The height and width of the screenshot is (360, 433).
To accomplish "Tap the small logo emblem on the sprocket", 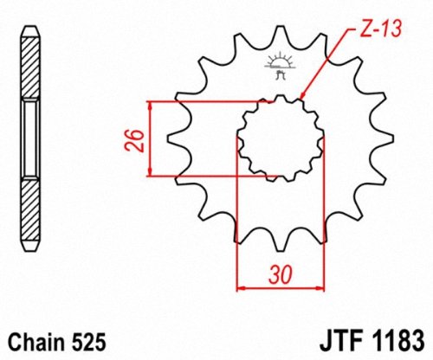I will [280, 67].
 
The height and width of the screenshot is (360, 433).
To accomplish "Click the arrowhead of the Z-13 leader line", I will [301, 98].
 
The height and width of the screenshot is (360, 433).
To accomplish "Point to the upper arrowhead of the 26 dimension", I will [152, 106].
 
